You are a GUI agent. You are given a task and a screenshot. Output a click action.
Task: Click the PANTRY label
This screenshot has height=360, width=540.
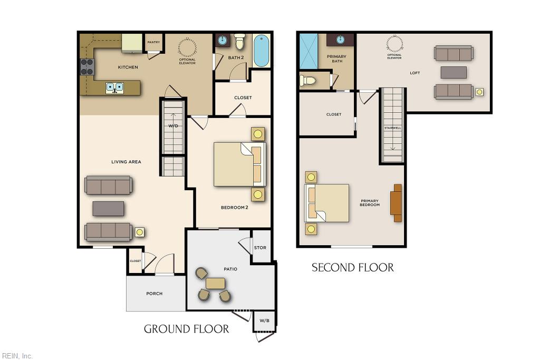coord(153,42)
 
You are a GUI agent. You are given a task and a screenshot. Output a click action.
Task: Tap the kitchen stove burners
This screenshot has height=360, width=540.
coord(87,67)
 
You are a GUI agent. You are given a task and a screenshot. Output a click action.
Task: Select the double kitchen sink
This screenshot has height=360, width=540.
coord(114,87)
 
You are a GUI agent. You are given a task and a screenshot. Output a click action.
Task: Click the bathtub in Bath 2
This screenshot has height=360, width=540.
coord(262,51)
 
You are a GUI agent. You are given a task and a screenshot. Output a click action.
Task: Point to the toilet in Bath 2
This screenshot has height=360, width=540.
coord(240,41)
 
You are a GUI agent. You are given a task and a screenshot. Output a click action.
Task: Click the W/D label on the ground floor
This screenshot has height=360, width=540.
coord(173,126)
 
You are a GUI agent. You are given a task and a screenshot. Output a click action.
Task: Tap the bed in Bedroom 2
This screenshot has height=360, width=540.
coord(240,164)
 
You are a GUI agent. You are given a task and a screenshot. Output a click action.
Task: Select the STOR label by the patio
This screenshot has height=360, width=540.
coord(260,247)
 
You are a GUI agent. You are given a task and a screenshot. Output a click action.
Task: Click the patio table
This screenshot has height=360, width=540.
coord(216,284)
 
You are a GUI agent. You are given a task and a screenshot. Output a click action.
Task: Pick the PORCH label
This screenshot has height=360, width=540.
coord(155,294)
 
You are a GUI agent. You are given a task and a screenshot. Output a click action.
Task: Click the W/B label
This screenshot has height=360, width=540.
coord(264,321)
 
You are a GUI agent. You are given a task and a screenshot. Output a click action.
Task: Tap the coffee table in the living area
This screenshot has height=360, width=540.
coord(108,209)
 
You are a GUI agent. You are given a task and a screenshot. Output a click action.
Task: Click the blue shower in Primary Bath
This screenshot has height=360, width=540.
coord(308,51)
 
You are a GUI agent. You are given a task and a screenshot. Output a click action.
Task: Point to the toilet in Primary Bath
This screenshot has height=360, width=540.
coord(307,81)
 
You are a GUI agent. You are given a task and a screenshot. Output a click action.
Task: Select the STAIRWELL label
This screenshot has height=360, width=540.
coord(392,128)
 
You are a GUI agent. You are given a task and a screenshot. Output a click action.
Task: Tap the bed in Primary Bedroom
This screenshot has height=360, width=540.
coord(327,203)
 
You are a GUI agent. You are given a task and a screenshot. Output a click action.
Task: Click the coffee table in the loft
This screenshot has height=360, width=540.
coord(454,73)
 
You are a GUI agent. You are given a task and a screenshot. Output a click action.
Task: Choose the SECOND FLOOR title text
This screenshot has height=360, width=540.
coord(353,267)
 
